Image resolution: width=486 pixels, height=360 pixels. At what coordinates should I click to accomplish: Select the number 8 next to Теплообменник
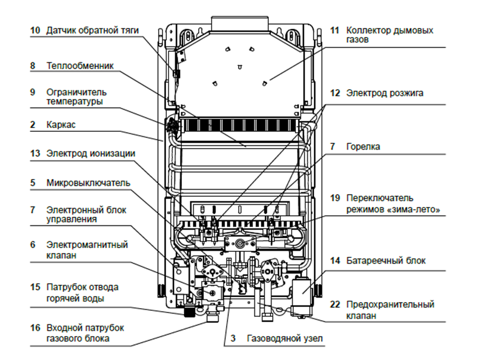point(33,66)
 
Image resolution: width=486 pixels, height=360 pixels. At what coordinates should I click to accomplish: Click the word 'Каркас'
point(61,125)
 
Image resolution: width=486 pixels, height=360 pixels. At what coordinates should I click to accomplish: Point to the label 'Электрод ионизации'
point(90,154)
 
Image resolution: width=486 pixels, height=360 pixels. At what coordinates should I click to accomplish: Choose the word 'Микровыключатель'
point(88,183)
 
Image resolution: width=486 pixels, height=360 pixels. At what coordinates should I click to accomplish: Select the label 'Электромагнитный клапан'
point(87,250)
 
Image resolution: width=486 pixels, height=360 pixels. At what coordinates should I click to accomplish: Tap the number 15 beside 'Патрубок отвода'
point(35,286)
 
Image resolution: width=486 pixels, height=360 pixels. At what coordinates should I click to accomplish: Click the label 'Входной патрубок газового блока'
point(85,333)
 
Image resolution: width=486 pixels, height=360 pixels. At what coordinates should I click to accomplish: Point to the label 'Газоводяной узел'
point(285,339)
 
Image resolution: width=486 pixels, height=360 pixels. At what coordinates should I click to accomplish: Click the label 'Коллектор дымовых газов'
point(389,35)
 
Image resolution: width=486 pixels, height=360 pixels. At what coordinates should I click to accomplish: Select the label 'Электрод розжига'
point(384,93)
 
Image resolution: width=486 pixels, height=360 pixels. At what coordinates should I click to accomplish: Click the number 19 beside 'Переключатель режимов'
point(335,198)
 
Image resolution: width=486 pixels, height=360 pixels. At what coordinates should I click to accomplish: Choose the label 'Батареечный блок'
point(386,261)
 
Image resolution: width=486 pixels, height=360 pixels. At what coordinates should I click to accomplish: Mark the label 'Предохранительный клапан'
point(390,310)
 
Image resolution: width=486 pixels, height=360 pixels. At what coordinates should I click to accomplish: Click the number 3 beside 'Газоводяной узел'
point(233,339)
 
